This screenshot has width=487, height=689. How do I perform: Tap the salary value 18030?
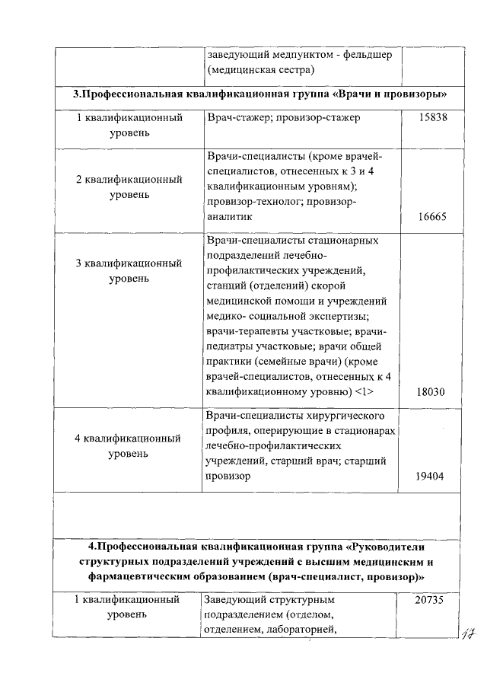click(x=431, y=392)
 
